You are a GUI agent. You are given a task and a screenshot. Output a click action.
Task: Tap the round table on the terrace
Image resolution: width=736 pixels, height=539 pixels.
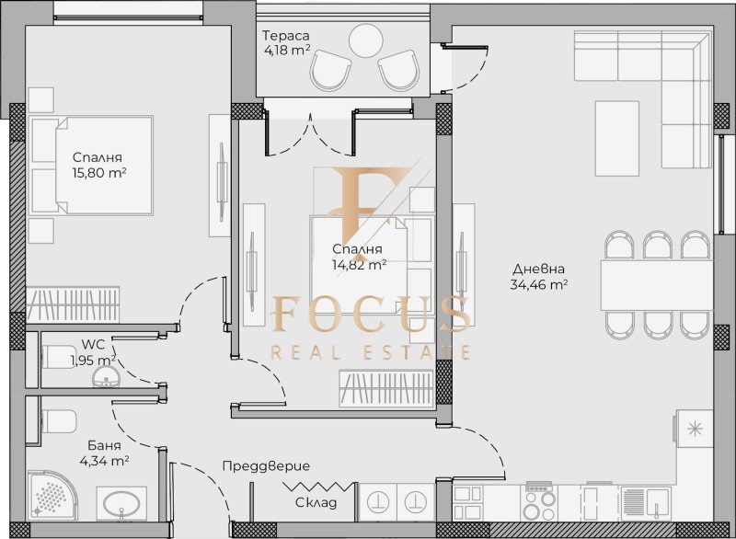(x=365, y=40)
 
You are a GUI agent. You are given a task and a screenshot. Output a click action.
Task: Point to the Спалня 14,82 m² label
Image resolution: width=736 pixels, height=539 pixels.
(x=357, y=258)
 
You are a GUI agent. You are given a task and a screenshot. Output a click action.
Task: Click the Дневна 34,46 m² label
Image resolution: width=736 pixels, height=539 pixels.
(x=539, y=277)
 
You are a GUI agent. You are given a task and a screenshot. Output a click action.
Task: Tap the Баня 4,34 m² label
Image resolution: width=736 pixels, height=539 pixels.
(x=102, y=453)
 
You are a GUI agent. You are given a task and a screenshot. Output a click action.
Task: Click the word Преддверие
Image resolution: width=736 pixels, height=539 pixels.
(x=266, y=466)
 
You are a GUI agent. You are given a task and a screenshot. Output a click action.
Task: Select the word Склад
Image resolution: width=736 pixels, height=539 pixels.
(x=316, y=503)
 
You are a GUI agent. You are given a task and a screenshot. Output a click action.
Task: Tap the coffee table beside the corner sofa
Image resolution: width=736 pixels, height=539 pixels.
(x=617, y=138)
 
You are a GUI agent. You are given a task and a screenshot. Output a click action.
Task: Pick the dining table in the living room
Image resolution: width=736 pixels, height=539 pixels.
(x=655, y=285)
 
